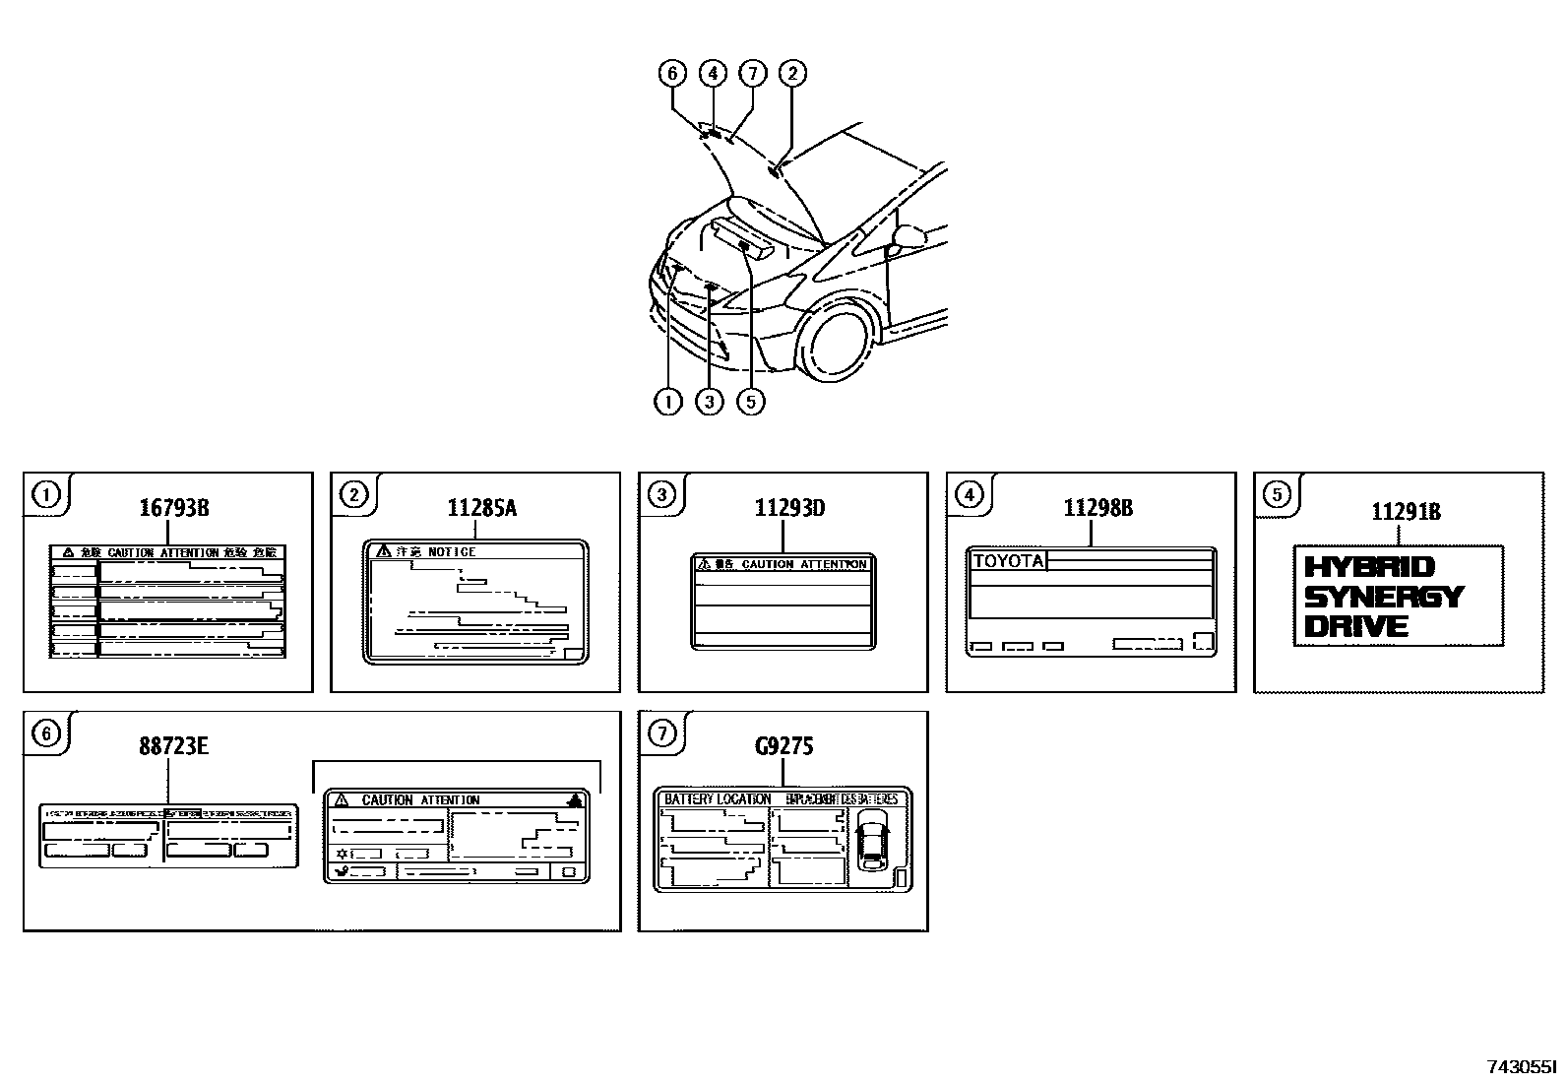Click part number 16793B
click(173, 508)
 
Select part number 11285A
click(481, 508)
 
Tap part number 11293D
click(789, 508)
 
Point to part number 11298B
click(1097, 508)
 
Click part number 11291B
click(1406, 511)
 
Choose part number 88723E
click(173, 746)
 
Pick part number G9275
click(783, 746)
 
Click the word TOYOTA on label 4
click(1007, 561)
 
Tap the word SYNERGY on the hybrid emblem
click(1383, 597)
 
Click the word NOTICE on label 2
click(451, 552)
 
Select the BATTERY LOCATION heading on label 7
click(717, 799)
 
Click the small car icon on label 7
click(871, 842)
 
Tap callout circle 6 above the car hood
click(672, 73)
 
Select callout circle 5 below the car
click(750, 402)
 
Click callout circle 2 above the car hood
click(791, 73)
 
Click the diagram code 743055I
click(1521, 1066)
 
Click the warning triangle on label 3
click(703, 564)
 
